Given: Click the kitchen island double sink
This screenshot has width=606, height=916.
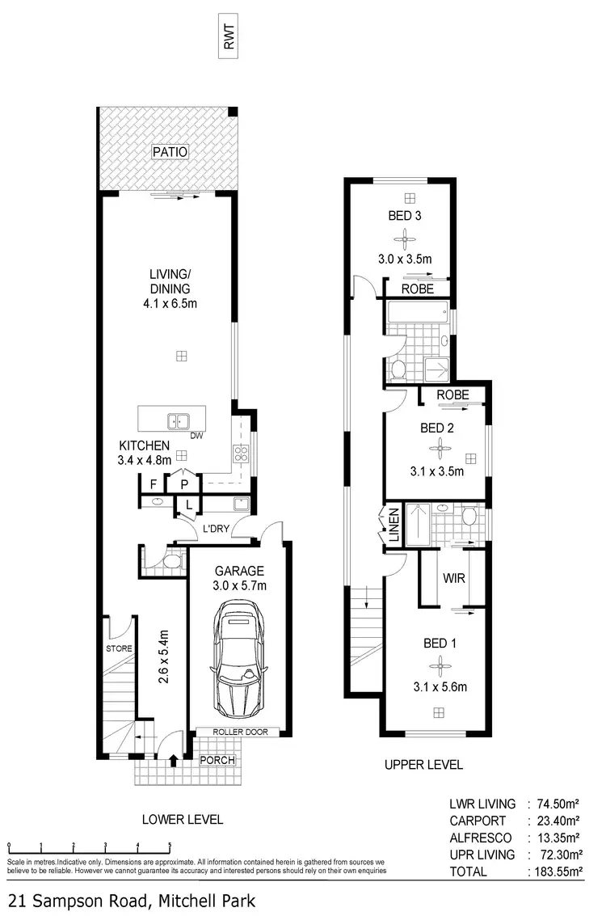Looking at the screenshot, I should pyautogui.click(x=179, y=420).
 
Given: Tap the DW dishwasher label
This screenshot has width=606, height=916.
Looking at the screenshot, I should pyautogui.click(x=196, y=436).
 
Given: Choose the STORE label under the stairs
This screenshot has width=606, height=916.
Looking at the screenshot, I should pyautogui.click(x=118, y=648).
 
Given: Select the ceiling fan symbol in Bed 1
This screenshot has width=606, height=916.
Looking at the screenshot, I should pyautogui.click(x=440, y=665).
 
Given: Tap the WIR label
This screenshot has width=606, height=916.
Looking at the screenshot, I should pyautogui.click(x=452, y=579).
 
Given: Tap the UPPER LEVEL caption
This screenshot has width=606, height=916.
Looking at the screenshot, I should pyautogui.click(x=423, y=764).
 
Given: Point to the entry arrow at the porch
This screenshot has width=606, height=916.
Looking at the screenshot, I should pyautogui.click(x=175, y=760).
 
